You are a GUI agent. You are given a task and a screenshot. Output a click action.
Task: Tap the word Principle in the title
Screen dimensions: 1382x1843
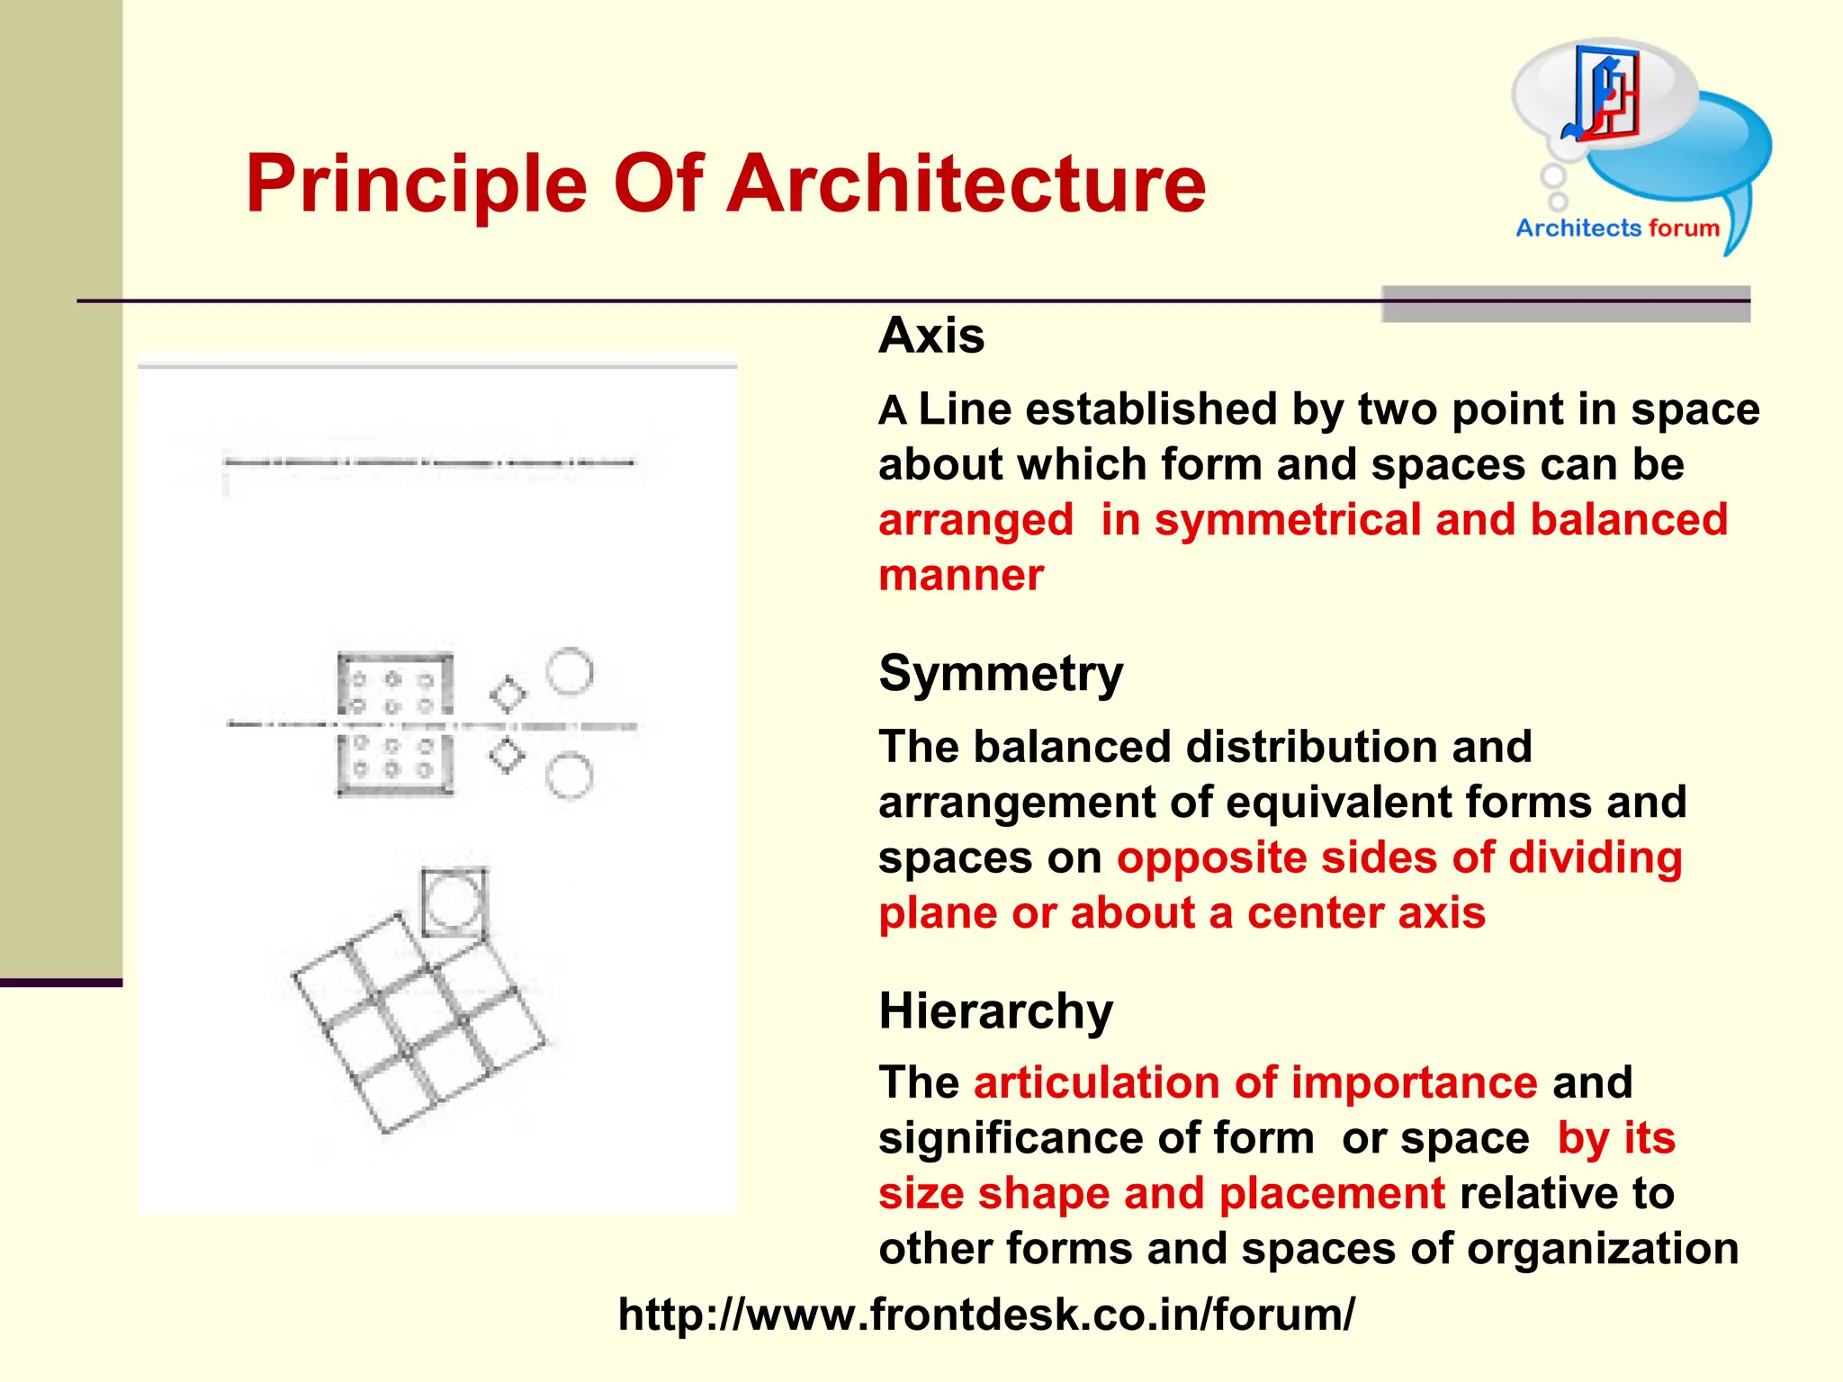pyautogui.click(x=416, y=184)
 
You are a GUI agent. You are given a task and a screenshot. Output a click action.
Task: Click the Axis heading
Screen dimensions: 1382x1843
pyautogui.click(x=931, y=336)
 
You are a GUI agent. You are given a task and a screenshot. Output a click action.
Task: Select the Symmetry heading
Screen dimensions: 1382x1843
pyautogui.click(x=1001, y=673)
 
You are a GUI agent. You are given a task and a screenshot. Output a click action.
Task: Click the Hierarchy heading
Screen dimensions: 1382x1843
pyautogui.click(x=995, y=1010)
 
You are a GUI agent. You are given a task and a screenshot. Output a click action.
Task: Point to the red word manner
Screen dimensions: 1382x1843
pyautogui.click(x=961, y=575)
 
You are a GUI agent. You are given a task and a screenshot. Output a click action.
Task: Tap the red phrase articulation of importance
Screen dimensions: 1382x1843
pyautogui.click(x=1255, y=1082)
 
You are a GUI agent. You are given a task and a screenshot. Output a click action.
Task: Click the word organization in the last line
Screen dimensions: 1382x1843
pyautogui.click(x=1602, y=1249)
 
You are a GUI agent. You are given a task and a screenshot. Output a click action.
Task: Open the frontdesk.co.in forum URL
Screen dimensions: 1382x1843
pyautogui.click(x=986, y=1315)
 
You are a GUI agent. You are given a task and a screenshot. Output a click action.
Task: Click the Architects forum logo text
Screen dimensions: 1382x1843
pyautogui.click(x=1617, y=228)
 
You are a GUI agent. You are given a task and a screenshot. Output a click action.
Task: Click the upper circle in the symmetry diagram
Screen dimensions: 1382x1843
pyautogui.click(x=570, y=671)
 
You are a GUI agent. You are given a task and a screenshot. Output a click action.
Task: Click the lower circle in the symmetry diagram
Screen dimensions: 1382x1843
pyautogui.click(x=569, y=776)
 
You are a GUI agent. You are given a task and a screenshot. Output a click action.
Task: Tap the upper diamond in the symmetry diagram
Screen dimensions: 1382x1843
pyautogui.click(x=508, y=695)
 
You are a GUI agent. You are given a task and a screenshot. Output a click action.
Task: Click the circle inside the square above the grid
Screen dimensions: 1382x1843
pyautogui.click(x=453, y=902)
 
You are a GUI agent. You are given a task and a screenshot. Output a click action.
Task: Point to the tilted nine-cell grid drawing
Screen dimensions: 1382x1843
pyautogui.click(x=418, y=1024)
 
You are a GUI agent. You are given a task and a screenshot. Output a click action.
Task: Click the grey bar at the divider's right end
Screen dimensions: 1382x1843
pyautogui.click(x=1565, y=304)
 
